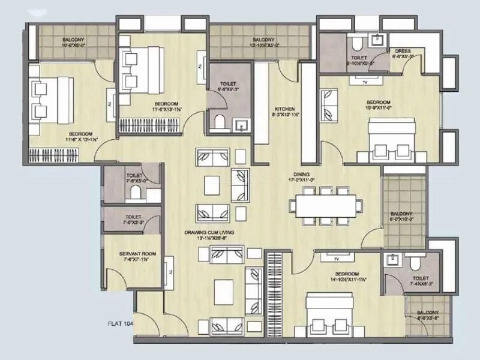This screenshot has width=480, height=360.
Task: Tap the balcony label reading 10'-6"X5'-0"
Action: (x=74, y=44)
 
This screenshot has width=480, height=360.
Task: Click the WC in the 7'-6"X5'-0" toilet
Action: (x=135, y=193)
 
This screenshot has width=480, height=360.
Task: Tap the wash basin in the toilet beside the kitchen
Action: (x=241, y=126)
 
